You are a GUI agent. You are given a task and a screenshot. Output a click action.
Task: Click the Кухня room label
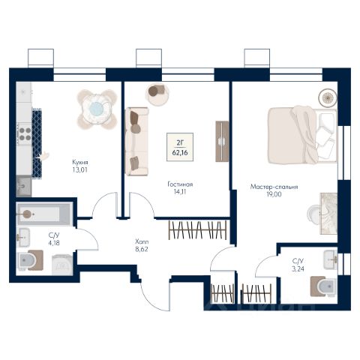(x=80, y=162)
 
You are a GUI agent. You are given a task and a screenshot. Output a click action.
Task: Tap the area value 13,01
(x=80, y=170)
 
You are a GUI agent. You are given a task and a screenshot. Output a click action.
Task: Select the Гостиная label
(x=180, y=184)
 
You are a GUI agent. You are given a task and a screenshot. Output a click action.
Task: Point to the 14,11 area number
(x=180, y=192)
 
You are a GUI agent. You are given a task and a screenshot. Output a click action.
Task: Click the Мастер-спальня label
(x=274, y=187)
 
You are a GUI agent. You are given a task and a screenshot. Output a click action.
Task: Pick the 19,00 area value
(x=274, y=194)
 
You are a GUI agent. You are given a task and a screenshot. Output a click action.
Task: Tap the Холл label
(x=142, y=241)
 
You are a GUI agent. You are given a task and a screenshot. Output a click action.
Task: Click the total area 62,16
(x=180, y=152)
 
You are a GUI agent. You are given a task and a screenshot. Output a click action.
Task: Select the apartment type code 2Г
(x=180, y=143)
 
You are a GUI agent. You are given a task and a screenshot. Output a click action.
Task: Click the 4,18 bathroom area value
(x=54, y=242)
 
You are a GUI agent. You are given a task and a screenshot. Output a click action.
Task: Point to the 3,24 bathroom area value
(x=298, y=269)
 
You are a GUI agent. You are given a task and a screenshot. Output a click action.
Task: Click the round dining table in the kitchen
(x=97, y=109)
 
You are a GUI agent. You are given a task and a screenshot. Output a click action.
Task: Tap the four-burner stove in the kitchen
(x=25, y=134)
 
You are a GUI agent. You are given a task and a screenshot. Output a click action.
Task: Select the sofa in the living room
(x=137, y=142)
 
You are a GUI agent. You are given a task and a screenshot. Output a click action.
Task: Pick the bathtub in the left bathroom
(x=44, y=214)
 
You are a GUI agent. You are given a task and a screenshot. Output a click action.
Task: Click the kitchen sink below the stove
(x=24, y=186)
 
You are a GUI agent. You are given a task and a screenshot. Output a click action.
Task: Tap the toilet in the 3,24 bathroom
(x=323, y=286)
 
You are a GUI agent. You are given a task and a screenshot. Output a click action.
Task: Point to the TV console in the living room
(x=222, y=142)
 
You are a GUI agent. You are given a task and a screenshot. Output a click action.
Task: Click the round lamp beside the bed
(x=327, y=97)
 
